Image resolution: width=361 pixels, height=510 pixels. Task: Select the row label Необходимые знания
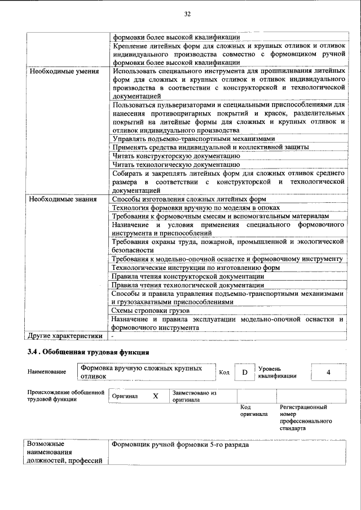pyautogui.click(x=63, y=199)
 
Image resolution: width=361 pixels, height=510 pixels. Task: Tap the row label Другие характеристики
pyautogui.click(x=65, y=336)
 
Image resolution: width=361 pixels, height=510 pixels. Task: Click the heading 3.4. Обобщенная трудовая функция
pyautogui.click(x=89, y=352)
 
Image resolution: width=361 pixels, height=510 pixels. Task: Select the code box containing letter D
pyautogui.click(x=244, y=372)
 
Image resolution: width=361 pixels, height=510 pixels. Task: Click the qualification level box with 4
pyautogui.click(x=328, y=372)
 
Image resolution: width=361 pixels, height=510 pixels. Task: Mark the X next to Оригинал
pyautogui.click(x=155, y=396)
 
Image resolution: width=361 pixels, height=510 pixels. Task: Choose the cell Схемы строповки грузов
pyautogui.click(x=150, y=311)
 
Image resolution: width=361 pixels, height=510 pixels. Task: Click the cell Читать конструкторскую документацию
pyautogui.click(x=176, y=156)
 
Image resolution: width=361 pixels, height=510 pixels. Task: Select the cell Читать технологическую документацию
pyautogui.click(x=176, y=165)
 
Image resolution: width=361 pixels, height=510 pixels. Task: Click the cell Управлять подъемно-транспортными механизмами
pyautogui.click(x=193, y=139)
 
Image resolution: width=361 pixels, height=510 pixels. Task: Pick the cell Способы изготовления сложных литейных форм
pyautogui.click(x=189, y=199)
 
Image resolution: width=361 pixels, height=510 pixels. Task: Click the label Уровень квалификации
pyautogui.click(x=278, y=372)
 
